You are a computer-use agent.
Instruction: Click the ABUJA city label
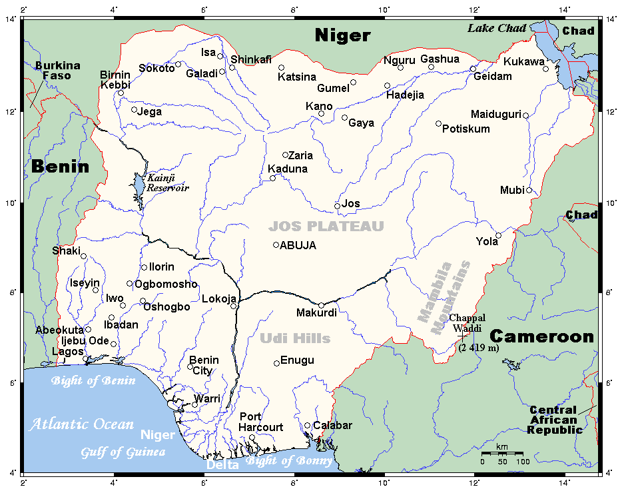[298, 245]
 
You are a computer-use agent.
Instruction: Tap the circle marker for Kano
[321, 114]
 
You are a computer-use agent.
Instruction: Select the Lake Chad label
[496, 28]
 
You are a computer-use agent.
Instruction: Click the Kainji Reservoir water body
[139, 187]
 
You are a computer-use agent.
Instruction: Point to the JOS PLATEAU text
[326, 226]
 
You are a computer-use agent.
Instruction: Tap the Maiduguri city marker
[525, 116]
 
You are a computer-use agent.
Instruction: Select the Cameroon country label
[541, 336]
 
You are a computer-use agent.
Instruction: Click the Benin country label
[60, 167]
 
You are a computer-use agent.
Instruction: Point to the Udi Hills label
[296, 338]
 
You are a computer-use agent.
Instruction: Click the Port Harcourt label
[261, 422]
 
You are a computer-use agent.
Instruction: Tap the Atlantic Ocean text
[81, 424]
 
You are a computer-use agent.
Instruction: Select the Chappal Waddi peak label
[467, 322]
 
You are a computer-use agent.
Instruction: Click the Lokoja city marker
[234, 306]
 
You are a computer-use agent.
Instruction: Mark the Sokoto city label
[156, 68]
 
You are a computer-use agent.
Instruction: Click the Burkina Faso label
[57, 71]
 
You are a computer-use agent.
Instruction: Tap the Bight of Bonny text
[288, 460]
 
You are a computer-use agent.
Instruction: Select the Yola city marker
[498, 235]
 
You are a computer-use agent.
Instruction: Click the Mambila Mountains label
[444, 293]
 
